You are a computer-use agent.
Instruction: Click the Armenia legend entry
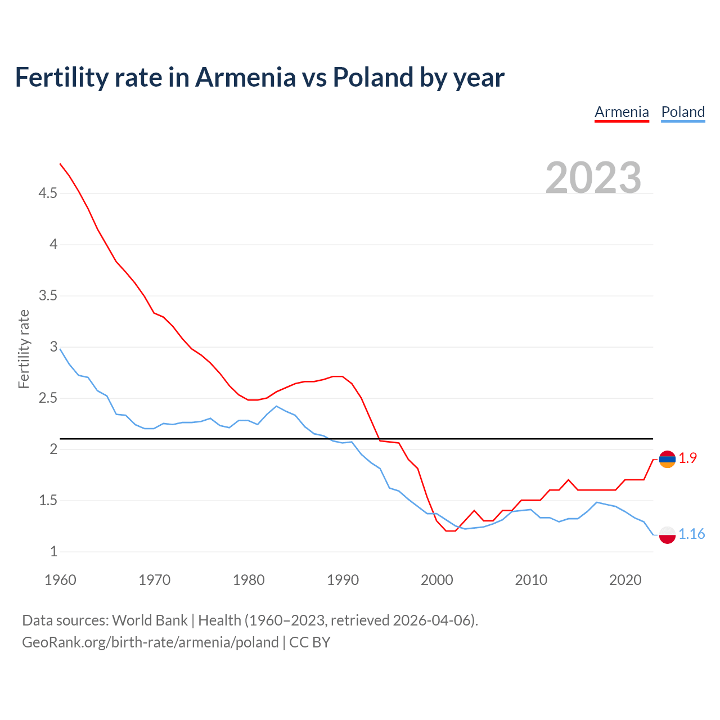(x=622, y=112)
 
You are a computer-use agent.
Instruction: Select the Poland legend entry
(x=683, y=112)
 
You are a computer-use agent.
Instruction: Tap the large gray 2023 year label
(x=593, y=178)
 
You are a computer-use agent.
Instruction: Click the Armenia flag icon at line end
(x=667, y=459)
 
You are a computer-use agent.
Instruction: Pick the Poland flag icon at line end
(x=667, y=534)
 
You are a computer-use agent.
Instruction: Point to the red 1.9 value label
(x=687, y=458)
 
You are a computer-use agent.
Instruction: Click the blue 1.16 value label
(x=691, y=534)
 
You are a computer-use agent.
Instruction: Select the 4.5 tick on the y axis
(x=48, y=193)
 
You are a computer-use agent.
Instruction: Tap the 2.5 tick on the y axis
(x=48, y=398)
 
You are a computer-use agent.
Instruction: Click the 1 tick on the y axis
(x=54, y=551)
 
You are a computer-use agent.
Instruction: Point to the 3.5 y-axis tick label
(x=48, y=296)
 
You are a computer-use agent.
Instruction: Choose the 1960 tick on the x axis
(x=60, y=580)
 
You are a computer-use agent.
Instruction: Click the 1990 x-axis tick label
(x=343, y=580)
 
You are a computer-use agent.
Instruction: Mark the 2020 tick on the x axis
(x=625, y=580)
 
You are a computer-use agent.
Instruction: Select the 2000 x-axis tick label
(x=436, y=580)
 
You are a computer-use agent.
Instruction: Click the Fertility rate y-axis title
(x=24, y=349)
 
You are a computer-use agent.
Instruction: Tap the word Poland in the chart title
(x=373, y=77)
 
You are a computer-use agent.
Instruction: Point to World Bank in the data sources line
(x=150, y=620)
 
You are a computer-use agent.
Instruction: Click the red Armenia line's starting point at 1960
(x=60, y=164)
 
